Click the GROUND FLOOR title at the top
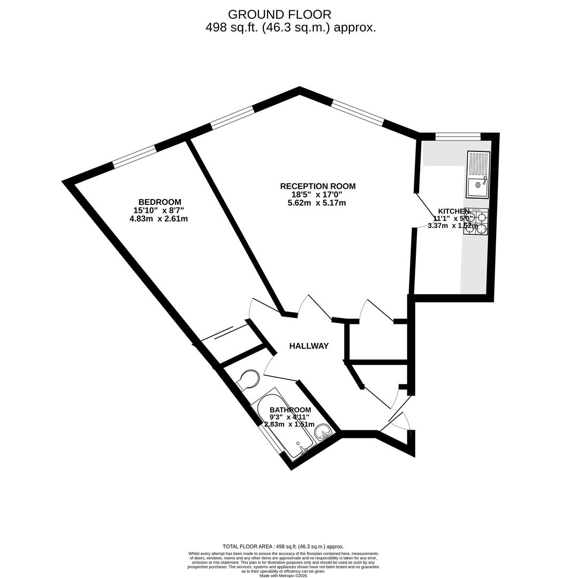click(279, 14)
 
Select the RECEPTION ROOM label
click(317, 186)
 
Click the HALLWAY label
click(309, 346)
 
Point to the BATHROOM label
click(290, 410)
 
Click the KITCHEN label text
click(454, 211)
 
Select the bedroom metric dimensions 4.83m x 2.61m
click(158, 218)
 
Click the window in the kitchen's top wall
click(458, 137)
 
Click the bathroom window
click(272, 439)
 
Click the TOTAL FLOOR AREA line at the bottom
click(283, 546)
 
